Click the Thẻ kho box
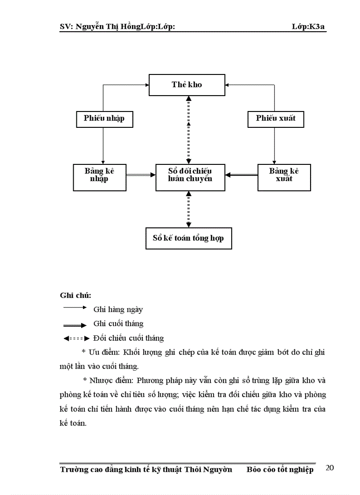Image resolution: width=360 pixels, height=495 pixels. click(x=187, y=85)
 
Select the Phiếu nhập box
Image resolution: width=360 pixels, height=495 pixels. click(x=104, y=119)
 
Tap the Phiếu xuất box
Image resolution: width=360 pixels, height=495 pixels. click(x=276, y=119)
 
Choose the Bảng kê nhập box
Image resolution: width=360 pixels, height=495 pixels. click(x=100, y=177)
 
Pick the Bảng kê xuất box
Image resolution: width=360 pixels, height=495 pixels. click(x=284, y=177)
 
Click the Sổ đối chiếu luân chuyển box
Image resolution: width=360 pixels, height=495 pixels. click(x=190, y=177)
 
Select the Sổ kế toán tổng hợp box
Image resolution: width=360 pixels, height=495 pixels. click(x=188, y=238)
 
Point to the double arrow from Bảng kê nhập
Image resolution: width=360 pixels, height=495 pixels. click(x=141, y=175)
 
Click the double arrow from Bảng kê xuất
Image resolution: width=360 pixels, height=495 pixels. click(x=241, y=175)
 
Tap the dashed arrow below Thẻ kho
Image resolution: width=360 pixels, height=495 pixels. click(x=189, y=130)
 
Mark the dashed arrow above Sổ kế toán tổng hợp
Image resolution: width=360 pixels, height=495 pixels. click(x=189, y=209)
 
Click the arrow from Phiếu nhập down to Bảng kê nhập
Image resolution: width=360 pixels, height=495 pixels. click(x=103, y=146)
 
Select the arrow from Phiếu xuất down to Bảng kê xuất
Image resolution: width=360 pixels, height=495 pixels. click(x=274, y=146)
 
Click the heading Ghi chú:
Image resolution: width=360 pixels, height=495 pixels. click(x=75, y=295)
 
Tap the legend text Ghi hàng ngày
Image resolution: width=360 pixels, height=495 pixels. click(x=118, y=310)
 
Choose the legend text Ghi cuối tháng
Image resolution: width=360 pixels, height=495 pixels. click(x=118, y=324)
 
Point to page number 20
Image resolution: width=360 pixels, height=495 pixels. click(x=330, y=468)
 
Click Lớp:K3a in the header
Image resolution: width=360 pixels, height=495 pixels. click(x=309, y=26)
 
